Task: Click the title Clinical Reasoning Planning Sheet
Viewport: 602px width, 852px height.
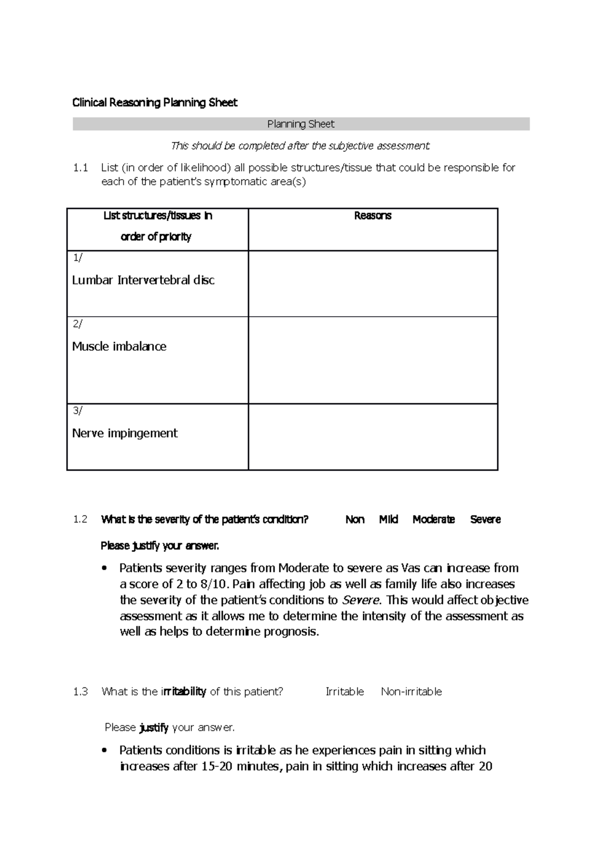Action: click(155, 103)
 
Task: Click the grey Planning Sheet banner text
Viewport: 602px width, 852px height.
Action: click(300, 124)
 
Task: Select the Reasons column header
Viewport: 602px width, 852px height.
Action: click(372, 216)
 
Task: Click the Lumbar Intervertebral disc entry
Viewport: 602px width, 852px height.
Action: click(143, 280)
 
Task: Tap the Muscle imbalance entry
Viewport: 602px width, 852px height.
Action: click(119, 347)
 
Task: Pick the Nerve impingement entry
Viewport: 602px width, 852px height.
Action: click(124, 434)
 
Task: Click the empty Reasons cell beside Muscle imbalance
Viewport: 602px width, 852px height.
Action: click(372, 360)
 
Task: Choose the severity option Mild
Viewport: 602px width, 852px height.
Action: click(388, 520)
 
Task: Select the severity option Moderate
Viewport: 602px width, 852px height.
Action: click(433, 520)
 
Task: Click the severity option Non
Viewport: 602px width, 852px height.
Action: click(355, 520)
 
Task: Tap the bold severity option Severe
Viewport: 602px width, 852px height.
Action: click(485, 520)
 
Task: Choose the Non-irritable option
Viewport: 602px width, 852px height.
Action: click(411, 692)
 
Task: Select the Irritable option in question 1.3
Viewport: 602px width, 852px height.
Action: click(345, 692)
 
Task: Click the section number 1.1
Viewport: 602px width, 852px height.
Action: click(80, 168)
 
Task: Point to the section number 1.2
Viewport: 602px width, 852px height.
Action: click(80, 520)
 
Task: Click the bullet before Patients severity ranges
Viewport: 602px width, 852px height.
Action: click(104, 569)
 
